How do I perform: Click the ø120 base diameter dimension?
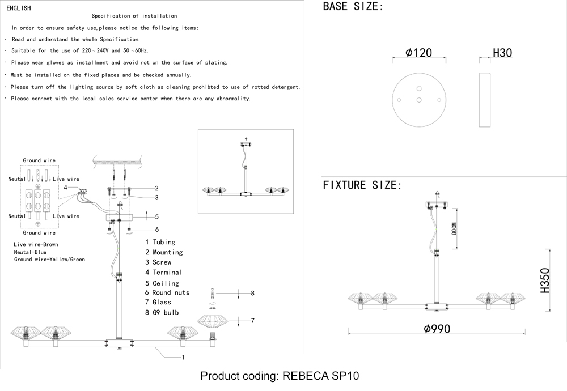point(419,53)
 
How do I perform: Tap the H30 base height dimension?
point(502,53)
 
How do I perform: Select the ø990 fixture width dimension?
point(437,329)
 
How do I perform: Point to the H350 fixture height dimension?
point(545,280)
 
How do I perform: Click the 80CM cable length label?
point(455,228)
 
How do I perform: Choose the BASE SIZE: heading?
point(353,6)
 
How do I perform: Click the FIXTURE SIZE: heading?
point(362,185)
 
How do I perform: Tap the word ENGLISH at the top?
point(19,8)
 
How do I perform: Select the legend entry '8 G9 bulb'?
point(162,312)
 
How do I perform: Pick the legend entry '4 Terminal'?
point(163,272)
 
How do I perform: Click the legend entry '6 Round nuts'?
point(167,292)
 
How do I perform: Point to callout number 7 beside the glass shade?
point(252,321)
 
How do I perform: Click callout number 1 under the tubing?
point(183,358)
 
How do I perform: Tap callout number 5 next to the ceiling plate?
point(156,217)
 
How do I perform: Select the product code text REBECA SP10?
point(320,376)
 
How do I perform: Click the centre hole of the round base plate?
point(419,100)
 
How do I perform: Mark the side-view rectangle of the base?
point(485,100)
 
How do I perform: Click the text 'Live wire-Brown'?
point(36,244)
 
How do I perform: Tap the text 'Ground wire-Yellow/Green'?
point(49,259)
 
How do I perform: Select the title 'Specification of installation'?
point(134,16)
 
